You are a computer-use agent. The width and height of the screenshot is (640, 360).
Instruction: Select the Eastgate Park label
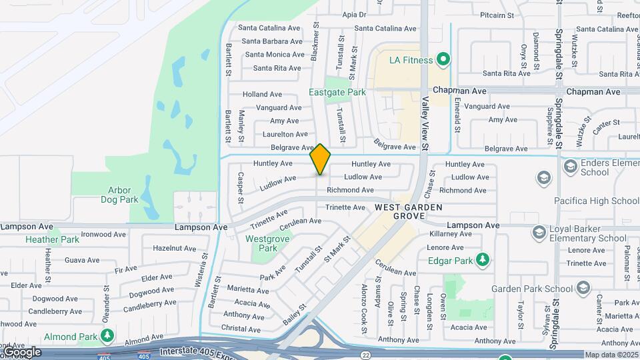[337, 92]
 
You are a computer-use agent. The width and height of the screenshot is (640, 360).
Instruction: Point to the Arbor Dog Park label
[119, 195]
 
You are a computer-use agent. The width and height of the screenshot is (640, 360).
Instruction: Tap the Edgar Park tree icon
[483, 260]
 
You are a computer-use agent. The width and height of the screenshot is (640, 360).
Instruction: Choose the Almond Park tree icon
[106, 336]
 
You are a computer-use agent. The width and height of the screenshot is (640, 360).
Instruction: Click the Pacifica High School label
[597, 201]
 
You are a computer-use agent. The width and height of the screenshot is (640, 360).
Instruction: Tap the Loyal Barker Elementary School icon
[539, 232]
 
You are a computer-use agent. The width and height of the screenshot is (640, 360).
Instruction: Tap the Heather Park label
[52, 239]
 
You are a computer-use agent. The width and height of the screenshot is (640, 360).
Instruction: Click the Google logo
[21, 352]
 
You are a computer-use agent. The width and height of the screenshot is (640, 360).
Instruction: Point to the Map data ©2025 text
[611, 355]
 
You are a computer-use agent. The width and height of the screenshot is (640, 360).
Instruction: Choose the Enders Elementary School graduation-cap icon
[570, 165]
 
